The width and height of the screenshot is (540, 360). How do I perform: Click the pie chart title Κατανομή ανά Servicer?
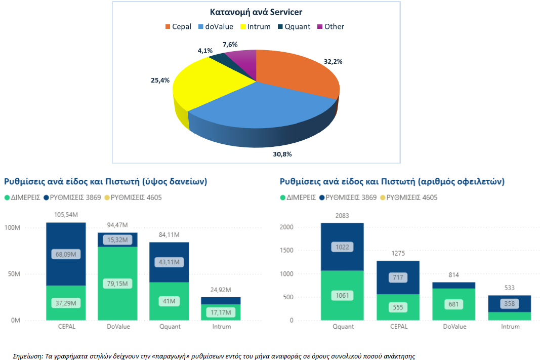(256, 12)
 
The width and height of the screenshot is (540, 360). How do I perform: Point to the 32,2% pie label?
(333, 62)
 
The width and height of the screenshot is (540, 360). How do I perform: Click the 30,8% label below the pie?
(282, 154)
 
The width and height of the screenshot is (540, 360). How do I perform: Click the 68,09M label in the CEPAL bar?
(66, 254)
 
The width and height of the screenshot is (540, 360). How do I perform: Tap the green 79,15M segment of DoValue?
(117, 283)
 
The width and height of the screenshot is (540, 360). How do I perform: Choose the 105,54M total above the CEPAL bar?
(66, 215)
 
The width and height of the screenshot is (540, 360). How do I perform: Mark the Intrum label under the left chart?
(221, 327)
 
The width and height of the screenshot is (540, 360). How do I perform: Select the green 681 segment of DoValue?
(454, 304)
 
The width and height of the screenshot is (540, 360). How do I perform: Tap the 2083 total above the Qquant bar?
(342, 216)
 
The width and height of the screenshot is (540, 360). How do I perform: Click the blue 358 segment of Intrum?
(509, 304)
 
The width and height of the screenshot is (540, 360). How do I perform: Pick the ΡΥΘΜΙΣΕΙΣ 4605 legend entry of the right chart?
(411, 197)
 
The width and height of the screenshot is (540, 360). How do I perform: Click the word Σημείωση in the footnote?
(27, 356)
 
